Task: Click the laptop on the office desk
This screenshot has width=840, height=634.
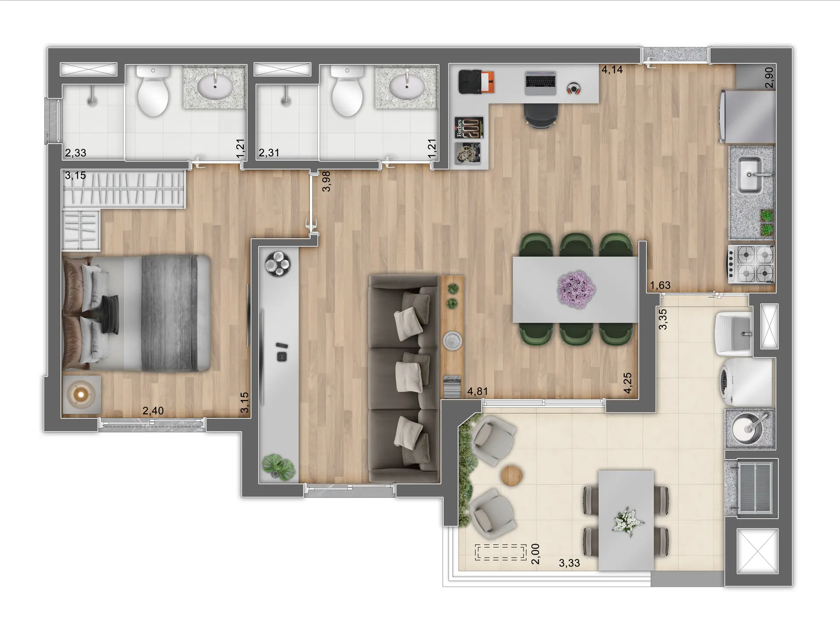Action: (540, 83)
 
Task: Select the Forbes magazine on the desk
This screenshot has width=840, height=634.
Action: (469, 127)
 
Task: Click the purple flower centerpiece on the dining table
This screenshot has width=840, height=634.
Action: (576, 289)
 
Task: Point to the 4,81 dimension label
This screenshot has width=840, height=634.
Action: (477, 391)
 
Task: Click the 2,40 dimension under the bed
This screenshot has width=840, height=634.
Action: (153, 411)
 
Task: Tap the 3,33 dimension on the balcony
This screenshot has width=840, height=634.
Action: (569, 563)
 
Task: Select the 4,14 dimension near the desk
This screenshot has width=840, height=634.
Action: (612, 69)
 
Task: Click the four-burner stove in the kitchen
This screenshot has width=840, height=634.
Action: (751, 264)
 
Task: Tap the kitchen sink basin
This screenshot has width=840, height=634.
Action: (749, 175)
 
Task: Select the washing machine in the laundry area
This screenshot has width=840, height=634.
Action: (746, 382)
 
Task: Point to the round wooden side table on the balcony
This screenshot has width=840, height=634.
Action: (512, 475)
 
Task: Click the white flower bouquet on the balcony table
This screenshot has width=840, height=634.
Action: (628, 521)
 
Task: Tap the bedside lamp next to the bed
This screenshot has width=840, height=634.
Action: (81, 394)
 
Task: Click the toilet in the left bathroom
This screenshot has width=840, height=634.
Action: (153, 92)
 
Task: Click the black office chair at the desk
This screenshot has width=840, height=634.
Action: (541, 115)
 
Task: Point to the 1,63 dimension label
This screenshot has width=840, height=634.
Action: (660, 285)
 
